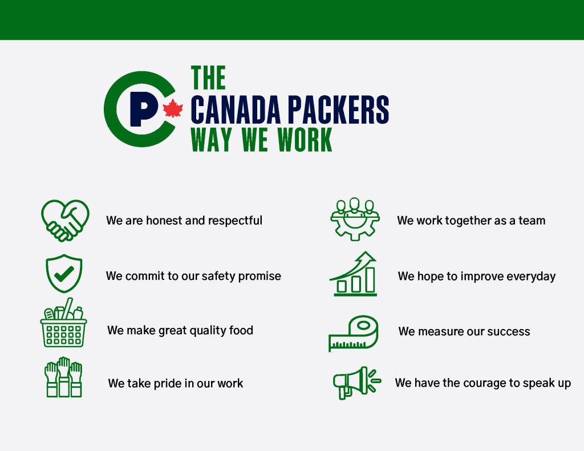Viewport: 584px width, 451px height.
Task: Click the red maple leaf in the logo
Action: (x=172, y=108)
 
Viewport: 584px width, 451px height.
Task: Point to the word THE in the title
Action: (x=208, y=78)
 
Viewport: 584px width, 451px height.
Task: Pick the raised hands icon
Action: (x=64, y=377)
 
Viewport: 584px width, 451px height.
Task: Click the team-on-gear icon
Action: (x=354, y=218)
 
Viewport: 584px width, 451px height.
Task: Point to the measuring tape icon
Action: (x=354, y=333)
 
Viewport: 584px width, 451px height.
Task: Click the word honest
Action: (x=165, y=221)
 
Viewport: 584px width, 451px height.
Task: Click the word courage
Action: (x=497, y=383)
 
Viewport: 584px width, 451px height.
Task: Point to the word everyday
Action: (x=531, y=277)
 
